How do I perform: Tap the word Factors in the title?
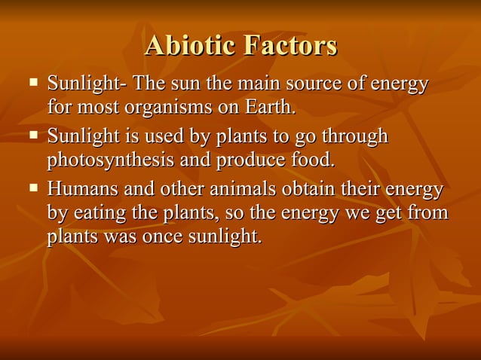click(289, 46)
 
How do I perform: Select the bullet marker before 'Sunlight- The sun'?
click(32, 80)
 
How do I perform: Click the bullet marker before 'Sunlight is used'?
click(32, 136)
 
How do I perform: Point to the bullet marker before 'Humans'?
click(32, 189)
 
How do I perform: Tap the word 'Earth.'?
click(268, 106)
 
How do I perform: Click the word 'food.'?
click(311, 160)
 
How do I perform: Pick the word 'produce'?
click(252, 161)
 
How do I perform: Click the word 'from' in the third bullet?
click(430, 214)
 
